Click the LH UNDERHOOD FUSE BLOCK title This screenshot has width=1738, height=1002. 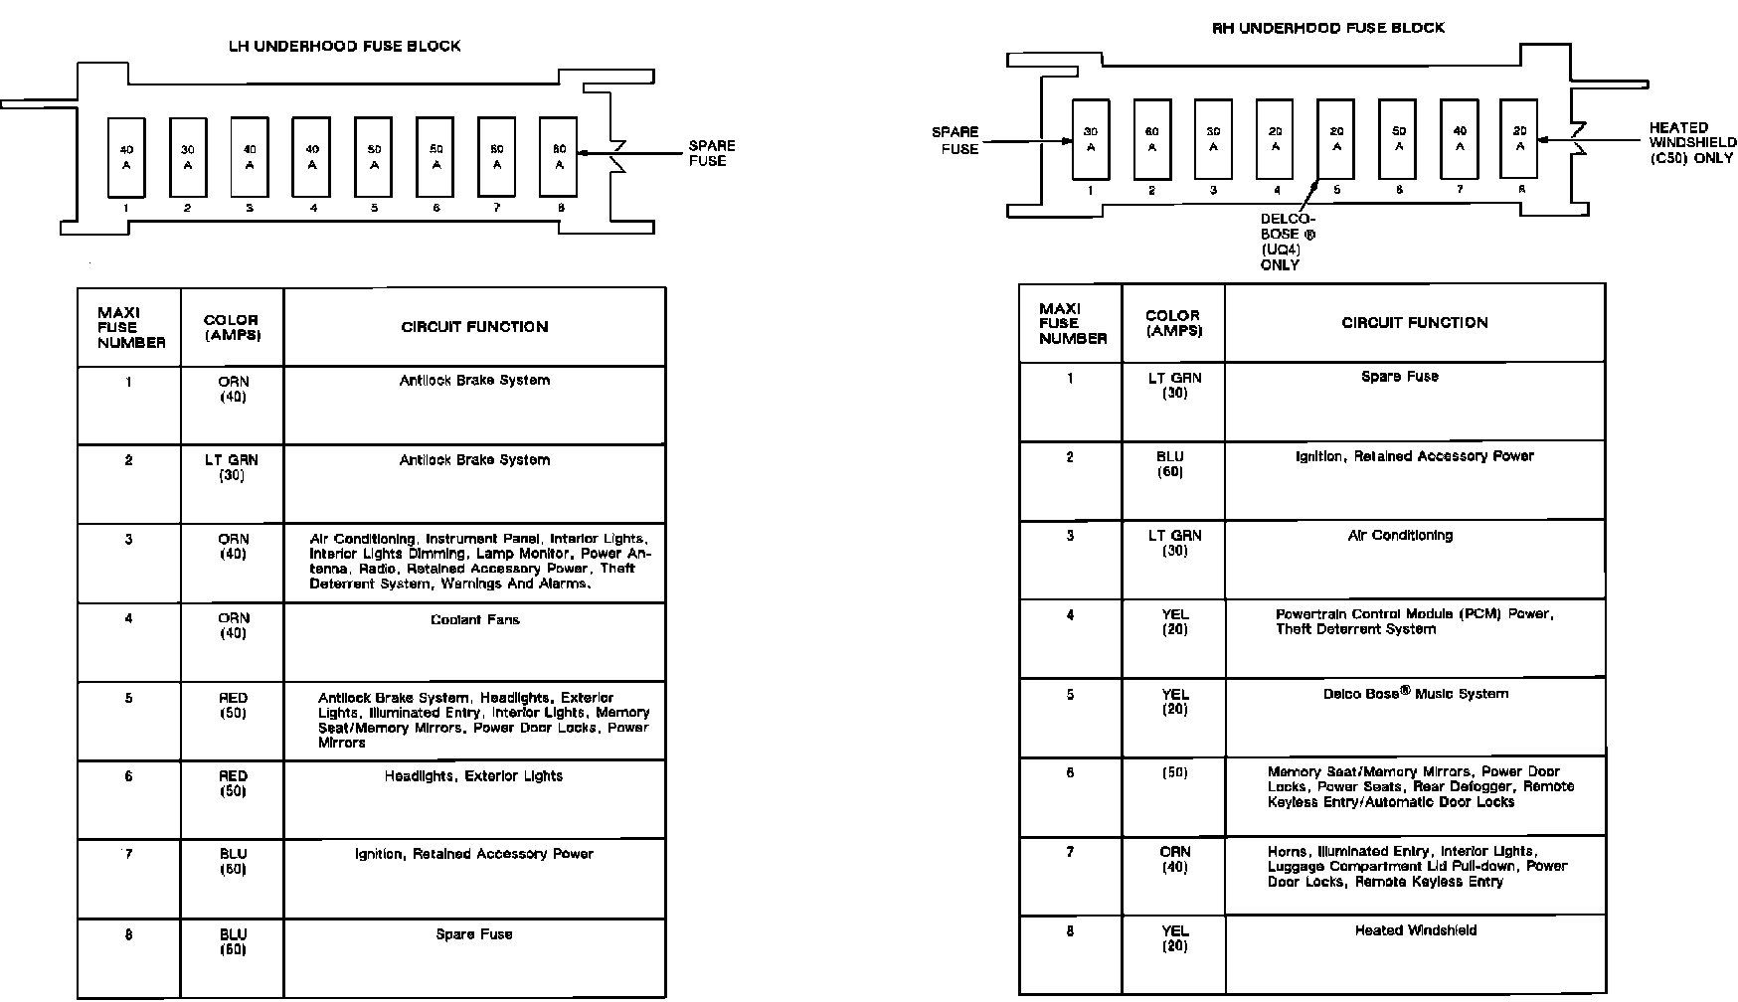(x=345, y=46)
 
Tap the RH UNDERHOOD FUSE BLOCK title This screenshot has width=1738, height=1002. (x=1327, y=28)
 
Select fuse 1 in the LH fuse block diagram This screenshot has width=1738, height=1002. (x=126, y=157)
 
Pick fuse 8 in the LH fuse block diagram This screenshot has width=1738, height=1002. (x=559, y=157)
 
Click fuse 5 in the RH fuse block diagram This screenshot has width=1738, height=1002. (x=1336, y=139)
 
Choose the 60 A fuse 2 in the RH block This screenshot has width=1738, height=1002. (x=1151, y=139)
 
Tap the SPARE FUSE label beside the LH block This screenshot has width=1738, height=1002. (x=712, y=153)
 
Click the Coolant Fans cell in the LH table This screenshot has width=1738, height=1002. (x=474, y=620)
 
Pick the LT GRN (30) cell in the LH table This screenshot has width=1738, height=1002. (x=232, y=467)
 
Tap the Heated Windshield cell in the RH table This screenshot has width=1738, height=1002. (x=1415, y=931)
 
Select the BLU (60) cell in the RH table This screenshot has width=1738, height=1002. (x=1173, y=464)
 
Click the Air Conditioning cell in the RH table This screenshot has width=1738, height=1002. (x=1400, y=536)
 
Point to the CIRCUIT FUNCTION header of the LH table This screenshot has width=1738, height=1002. (x=474, y=327)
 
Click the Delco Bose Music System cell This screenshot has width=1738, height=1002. (x=1415, y=694)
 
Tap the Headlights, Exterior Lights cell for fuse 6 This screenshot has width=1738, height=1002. (x=473, y=776)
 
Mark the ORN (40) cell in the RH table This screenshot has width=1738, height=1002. (x=1174, y=860)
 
